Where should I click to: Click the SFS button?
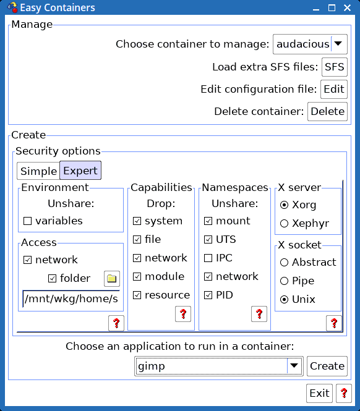[335, 67]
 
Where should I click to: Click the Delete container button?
[327, 112]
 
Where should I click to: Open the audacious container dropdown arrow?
[338, 44]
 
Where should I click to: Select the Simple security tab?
[38, 171]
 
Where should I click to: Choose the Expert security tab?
[80, 171]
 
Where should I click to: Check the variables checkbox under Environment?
[28, 221]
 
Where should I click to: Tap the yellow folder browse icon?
[112, 279]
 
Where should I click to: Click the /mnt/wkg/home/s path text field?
[71, 299]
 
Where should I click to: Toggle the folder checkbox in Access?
[52, 278]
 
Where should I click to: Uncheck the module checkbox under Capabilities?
[137, 276]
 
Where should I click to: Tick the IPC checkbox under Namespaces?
[208, 258]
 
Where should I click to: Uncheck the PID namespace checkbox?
[208, 295]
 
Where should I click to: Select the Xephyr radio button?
[284, 224]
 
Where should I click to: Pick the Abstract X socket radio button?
[284, 263]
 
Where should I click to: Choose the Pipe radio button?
[284, 281]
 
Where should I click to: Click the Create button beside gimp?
[327, 366]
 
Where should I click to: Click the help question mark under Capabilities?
[183, 314]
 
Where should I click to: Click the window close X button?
[348, 8]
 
